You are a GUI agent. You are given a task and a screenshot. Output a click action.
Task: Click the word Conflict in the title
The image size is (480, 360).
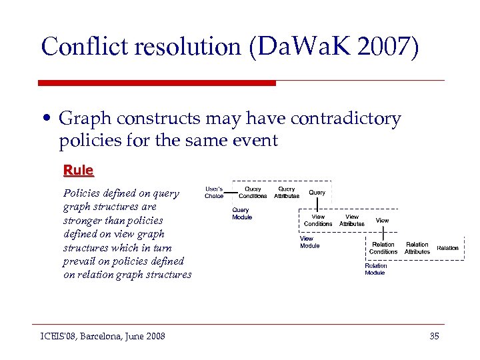click(x=86, y=47)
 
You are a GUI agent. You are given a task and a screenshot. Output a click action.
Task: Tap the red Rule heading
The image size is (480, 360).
click(x=78, y=170)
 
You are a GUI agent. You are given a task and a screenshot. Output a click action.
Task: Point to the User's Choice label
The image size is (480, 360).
click(x=214, y=193)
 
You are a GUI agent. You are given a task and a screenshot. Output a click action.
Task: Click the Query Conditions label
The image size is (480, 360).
click(x=253, y=193)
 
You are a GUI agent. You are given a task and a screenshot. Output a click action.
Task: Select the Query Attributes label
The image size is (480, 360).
click(x=286, y=193)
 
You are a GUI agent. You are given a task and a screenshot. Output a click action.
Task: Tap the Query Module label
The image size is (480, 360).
click(x=242, y=213)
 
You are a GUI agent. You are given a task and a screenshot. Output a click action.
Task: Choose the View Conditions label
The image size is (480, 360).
click(x=318, y=220)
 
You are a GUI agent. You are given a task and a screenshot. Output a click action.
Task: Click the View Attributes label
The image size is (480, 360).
click(x=351, y=220)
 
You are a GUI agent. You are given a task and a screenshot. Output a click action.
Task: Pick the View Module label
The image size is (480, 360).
click(x=309, y=242)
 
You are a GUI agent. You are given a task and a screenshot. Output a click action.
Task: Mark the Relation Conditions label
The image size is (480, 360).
click(x=383, y=248)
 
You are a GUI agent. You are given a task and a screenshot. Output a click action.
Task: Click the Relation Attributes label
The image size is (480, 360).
click(x=417, y=248)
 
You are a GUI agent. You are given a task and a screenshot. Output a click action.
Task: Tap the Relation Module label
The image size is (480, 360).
click(x=375, y=269)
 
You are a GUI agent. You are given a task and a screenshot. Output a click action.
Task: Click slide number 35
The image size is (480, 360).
click(x=434, y=336)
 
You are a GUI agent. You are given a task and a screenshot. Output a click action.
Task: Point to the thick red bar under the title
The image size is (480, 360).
click(x=157, y=83)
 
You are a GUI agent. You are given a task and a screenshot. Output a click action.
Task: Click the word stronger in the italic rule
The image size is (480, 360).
click(x=81, y=221)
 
